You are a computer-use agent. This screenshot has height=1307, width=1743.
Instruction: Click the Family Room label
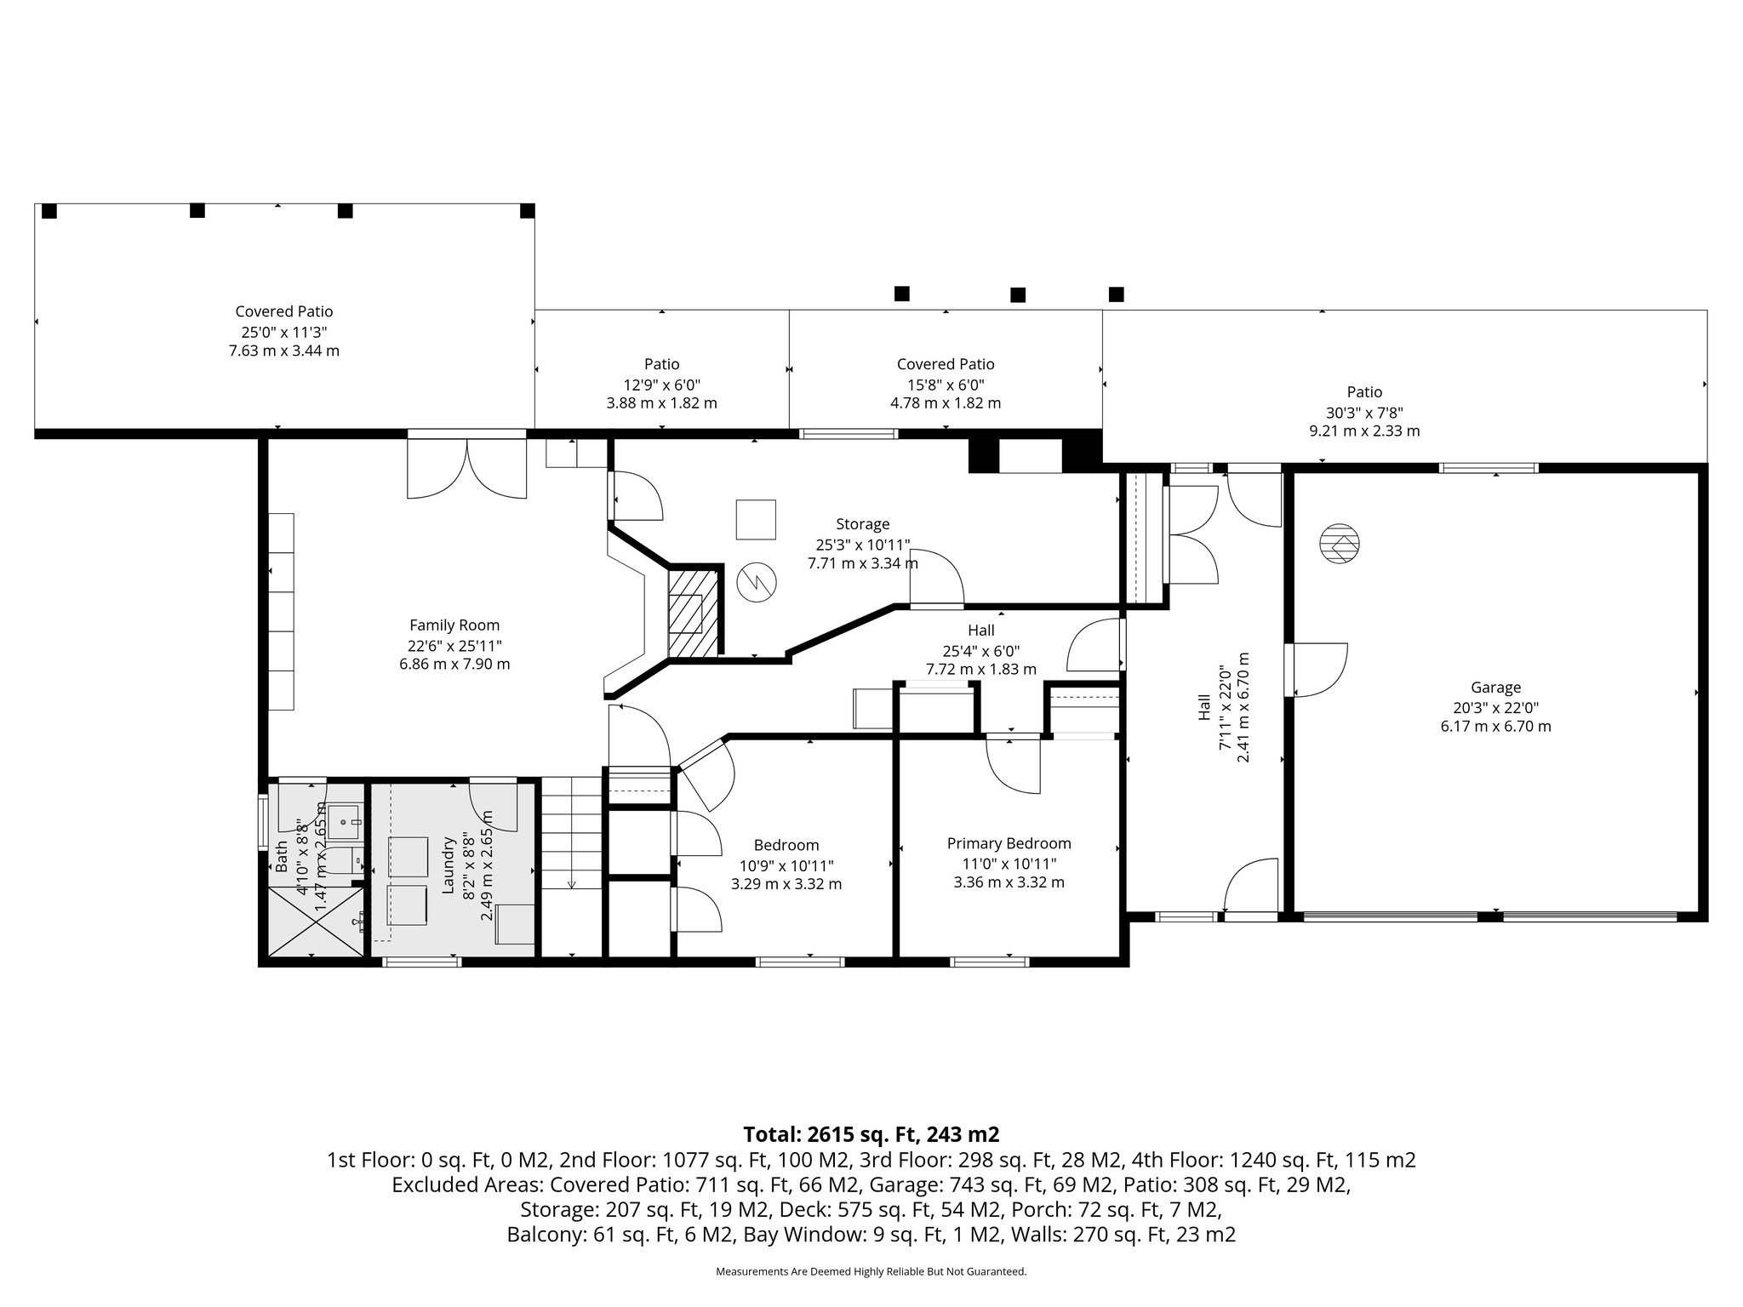[x=454, y=625]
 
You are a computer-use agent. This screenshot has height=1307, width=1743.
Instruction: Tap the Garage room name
[x=1495, y=688]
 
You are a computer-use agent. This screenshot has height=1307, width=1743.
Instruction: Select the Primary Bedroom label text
[x=1009, y=843]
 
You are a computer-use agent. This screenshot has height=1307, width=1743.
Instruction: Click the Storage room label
[x=862, y=524]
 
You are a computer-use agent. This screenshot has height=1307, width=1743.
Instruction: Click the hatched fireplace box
[x=694, y=612]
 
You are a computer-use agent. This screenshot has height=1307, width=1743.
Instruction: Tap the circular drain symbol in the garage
[x=1340, y=542]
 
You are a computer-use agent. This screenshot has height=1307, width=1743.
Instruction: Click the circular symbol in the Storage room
[x=756, y=581]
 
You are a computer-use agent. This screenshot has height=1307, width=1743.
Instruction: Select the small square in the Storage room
[x=756, y=519]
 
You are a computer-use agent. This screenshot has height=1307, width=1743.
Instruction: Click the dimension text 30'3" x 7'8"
[x=1364, y=413]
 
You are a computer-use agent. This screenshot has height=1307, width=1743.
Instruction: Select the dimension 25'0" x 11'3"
[x=283, y=332]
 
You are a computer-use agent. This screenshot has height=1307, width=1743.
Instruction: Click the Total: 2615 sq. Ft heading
[x=871, y=1134]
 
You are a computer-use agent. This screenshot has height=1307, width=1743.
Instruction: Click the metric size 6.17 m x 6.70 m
[x=1495, y=726]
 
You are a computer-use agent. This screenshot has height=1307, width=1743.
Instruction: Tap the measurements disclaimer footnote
[x=871, y=1271]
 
